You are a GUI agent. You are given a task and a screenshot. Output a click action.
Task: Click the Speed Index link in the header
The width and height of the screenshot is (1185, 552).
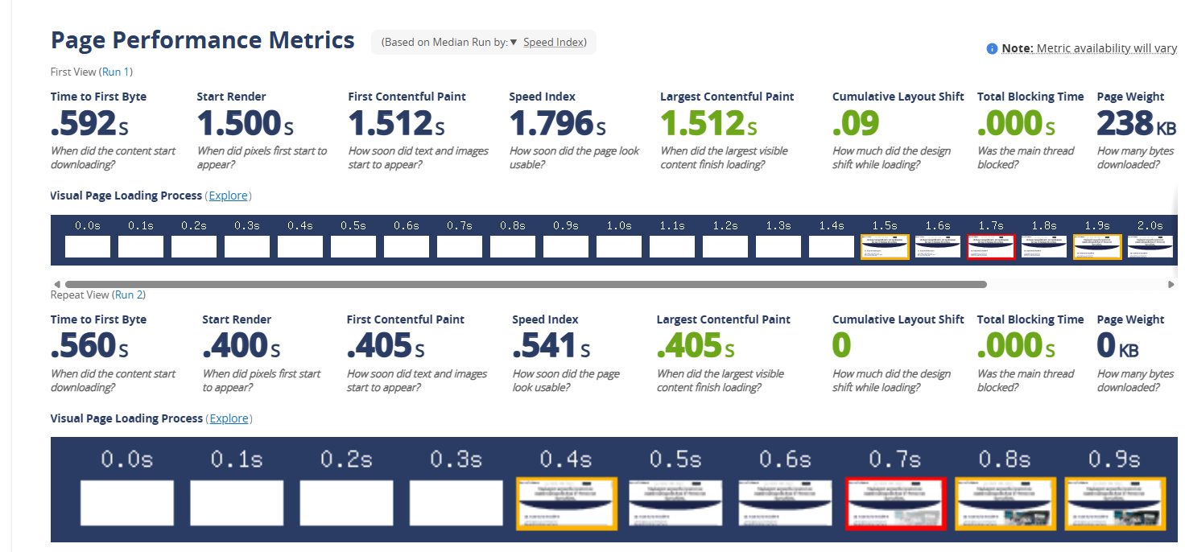(x=553, y=42)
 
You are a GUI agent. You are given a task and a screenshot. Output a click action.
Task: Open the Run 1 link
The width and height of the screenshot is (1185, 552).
(x=116, y=72)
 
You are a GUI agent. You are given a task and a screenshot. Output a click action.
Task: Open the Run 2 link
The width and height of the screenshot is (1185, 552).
(x=129, y=295)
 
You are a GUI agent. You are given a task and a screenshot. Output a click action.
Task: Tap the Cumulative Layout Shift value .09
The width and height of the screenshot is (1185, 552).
(x=856, y=124)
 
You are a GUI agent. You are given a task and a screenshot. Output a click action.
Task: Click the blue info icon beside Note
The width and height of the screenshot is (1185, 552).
(x=992, y=49)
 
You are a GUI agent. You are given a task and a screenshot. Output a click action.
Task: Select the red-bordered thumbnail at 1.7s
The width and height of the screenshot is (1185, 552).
(x=991, y=247)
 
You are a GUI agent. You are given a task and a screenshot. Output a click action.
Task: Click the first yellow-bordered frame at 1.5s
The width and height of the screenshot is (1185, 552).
(x=885, y=247)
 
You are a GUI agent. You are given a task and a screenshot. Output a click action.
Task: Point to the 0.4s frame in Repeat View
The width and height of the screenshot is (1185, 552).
(x=566, y=503)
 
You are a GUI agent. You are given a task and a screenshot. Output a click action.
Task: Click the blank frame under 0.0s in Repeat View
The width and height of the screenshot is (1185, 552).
(x=127, y=503)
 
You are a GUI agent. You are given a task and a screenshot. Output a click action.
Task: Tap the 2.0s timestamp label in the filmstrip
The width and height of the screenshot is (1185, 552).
(x=1150, y=226)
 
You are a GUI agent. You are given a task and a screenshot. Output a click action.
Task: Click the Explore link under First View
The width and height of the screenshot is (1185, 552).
(x=229, y=196)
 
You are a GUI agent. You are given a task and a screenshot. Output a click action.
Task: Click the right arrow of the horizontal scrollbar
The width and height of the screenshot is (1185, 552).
(x=1171, y=284)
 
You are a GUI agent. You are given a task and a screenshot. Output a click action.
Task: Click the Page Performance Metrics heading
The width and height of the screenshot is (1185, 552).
(x=203, y=40)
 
